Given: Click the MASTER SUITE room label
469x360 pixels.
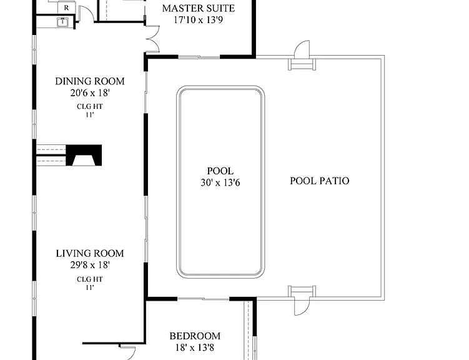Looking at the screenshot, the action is pos(199,8).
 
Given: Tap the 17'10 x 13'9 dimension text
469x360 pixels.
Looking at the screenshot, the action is pos(199,20).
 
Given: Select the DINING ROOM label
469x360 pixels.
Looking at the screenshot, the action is pos(90,81).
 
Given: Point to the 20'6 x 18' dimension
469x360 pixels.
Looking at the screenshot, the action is pos(90,92).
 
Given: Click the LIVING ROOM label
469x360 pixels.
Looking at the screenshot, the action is pos(90,254).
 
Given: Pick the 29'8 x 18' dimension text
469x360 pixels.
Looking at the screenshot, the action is pos(90,265).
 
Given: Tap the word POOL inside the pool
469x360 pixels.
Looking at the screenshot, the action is pos(220,171).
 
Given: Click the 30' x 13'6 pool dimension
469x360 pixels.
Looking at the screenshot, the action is pos(220,182).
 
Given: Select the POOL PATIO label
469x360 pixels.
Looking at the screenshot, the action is pos(320,181).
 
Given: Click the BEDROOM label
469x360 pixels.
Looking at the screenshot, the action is pos(195,336).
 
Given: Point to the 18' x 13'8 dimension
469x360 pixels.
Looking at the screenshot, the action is pos(195,347).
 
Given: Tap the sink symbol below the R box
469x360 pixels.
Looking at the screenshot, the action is pos(63,22).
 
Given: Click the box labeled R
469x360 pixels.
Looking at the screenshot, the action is pos(66,7).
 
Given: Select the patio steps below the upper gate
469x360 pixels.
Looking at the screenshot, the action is pos(302,64).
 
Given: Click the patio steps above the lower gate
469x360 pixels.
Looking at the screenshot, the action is pos(302,291).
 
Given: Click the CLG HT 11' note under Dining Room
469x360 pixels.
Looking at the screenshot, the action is pos(90,111).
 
